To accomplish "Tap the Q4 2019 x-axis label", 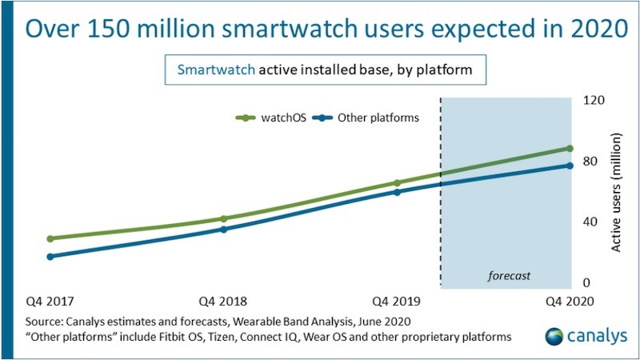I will click(398, 302).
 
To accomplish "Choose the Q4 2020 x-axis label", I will click(570, 302).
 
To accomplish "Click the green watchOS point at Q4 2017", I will click(50, 238).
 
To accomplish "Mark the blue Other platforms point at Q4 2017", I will click(50, 257).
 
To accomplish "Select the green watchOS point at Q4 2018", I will click(224, 218).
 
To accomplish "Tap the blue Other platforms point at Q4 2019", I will click(398, 192).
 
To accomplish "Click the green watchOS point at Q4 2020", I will click(570, 148).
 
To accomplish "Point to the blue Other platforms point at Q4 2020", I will click(570, 166).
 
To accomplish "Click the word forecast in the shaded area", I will click(510, 277).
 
